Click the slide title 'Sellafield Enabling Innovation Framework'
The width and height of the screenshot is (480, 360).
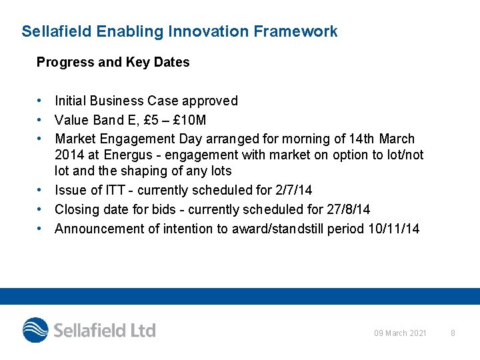(179, 31)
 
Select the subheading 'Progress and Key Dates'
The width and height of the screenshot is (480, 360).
(113, 62)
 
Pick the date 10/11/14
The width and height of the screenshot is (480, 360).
(393, 229)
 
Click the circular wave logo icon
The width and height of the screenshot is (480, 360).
(35, 330)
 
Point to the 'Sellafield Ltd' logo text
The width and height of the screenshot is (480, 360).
(105, 330)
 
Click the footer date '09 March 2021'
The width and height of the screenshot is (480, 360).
(400, 333)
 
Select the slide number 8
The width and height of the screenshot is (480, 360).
(453, 333)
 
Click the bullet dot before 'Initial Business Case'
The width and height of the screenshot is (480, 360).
(41, 101)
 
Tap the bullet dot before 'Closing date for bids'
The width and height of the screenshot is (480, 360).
(41, 209)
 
